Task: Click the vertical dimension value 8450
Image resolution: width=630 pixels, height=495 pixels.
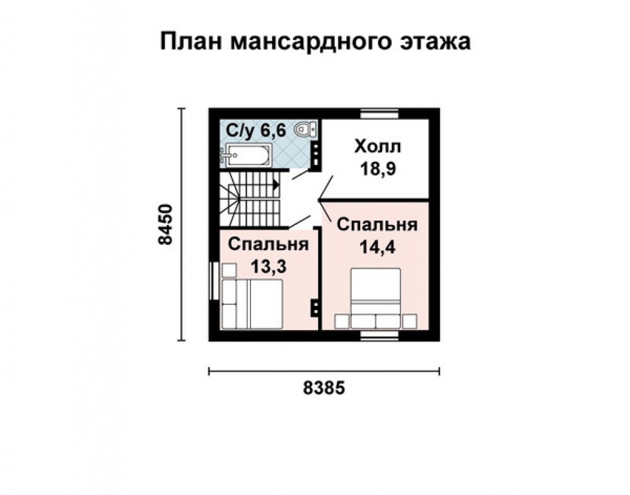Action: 166,224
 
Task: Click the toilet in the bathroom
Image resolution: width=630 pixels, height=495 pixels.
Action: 305,131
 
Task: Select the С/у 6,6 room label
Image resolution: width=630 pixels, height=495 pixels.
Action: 254,131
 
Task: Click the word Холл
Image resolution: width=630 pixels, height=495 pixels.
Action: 377,147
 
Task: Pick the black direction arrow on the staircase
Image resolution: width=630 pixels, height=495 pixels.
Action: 276,184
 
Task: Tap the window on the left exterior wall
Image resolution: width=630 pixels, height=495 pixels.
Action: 213,280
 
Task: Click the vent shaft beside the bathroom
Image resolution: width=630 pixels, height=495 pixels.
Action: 316,153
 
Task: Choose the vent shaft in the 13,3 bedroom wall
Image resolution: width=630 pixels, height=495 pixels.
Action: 316,307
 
